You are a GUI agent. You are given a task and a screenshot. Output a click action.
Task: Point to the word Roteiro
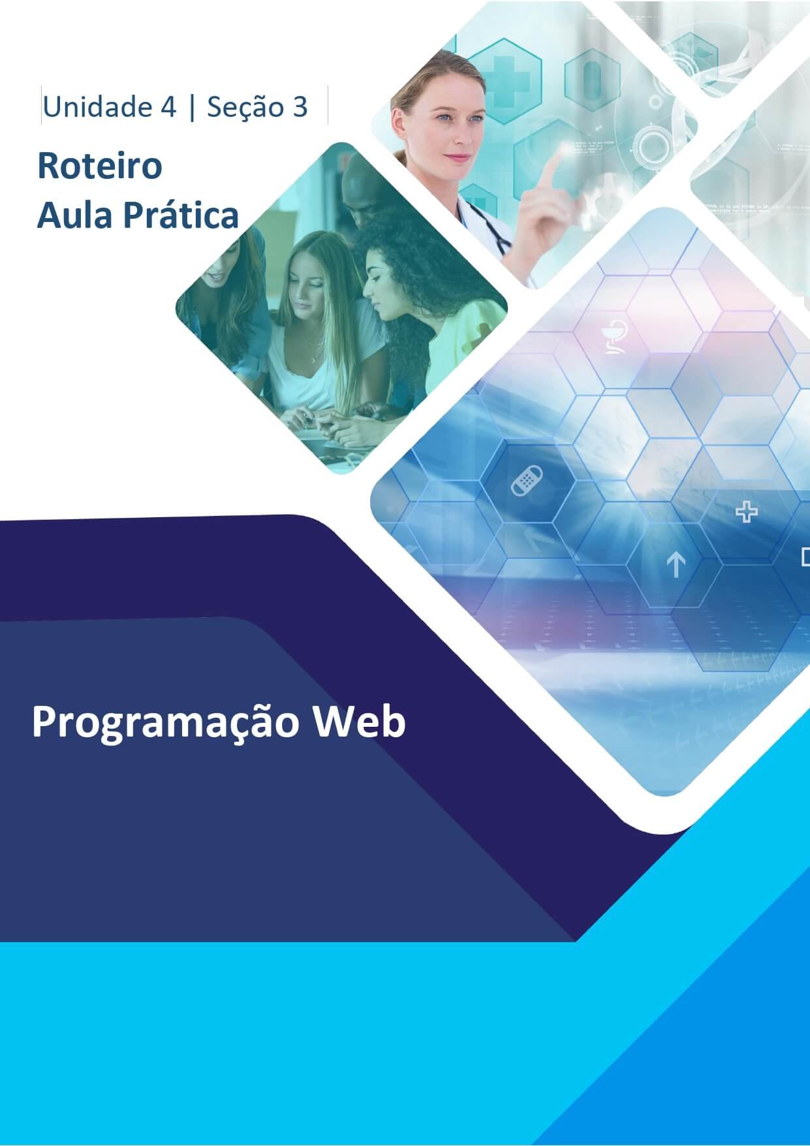[x=99, y=165]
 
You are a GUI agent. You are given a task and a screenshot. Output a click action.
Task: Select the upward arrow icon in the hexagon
[x=676, y=565]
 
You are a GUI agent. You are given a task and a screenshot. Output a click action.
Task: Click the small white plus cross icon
[x=746, y=512]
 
